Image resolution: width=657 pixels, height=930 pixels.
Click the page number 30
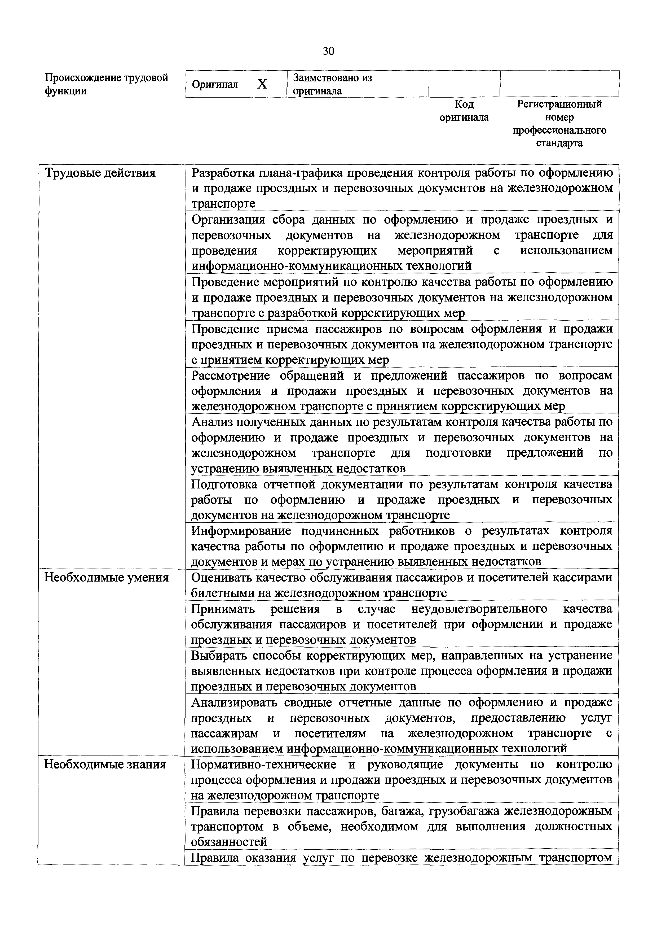(328, 51)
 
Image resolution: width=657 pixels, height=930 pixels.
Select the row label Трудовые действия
(100, 173)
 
